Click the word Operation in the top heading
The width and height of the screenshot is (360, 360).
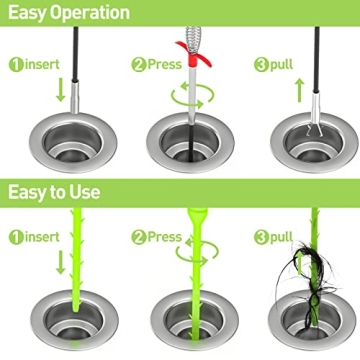click(x=89, y=13)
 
